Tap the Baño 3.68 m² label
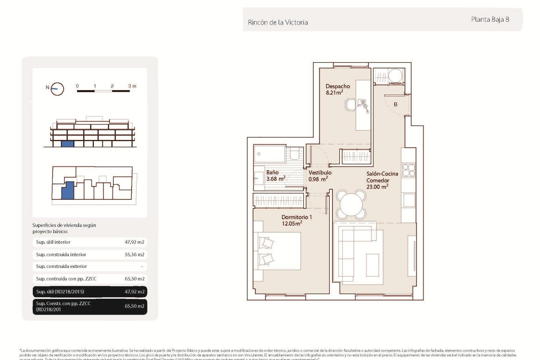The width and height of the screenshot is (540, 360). pyautogui.click(x=275, y=175)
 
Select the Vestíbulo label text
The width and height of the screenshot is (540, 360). pyautogui.click(x=320, y=172)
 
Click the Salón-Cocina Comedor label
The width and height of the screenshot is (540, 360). pyautogui.click(x=382, y=180)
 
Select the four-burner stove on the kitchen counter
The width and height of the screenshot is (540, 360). pyautogui.click(x=408, y=170)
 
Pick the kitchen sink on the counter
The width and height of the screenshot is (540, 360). pyautogui.click(x=409, y=200)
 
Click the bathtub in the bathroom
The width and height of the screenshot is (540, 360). pyautogui.click(x=269, y=154)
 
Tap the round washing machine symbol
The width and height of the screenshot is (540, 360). pyautogui.click(x=395, y=75)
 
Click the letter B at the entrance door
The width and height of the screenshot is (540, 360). pyautogui.click(x=395, y=104)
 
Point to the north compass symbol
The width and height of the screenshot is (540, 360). pyautogui.click(x=57, y=89)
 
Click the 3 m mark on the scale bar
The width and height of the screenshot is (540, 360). pyautogui.click(x=132, y=86)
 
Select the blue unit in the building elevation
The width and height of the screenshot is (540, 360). pyautogui.click(x=67, y=144)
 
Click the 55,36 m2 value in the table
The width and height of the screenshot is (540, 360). pyautogui.click(x=134, y=255)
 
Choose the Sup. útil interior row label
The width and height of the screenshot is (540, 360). pyautogui.click(x=53, y=242)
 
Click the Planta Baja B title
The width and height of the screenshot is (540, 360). pyautogui.click(x=490, y=19)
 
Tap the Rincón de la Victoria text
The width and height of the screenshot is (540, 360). pyautogui.click(x=278, y=22)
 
